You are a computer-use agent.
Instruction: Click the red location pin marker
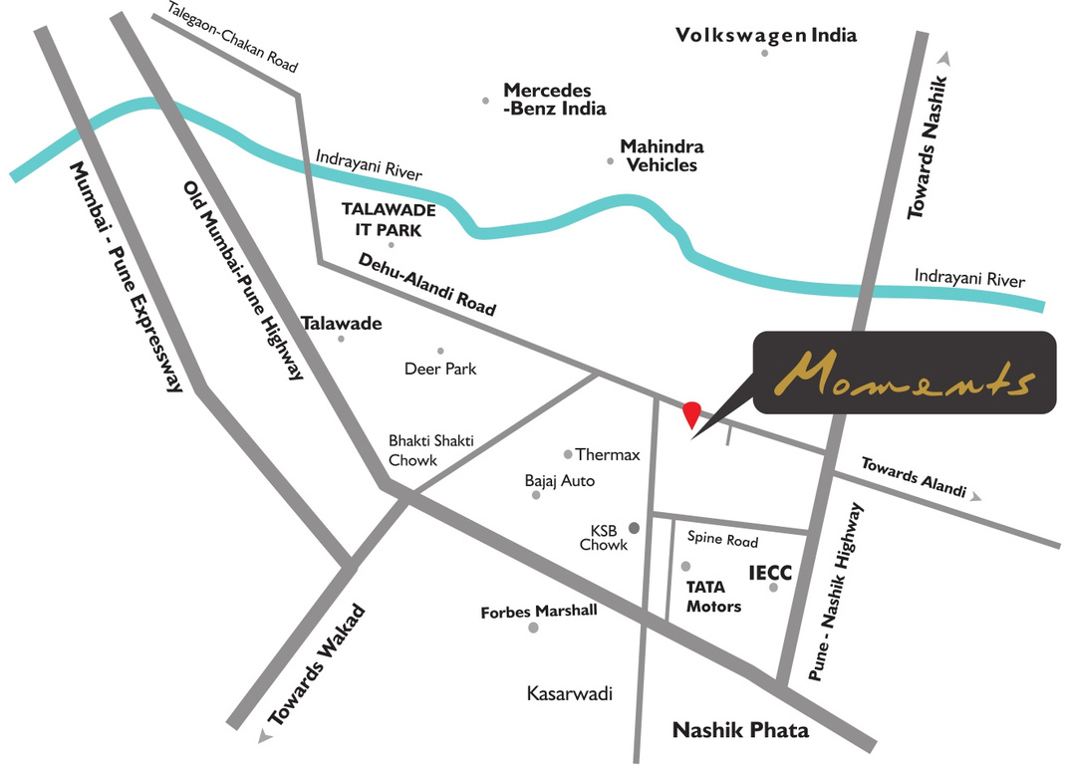(x=691, y=412)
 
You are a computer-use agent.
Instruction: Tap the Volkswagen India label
(x=766, y=35)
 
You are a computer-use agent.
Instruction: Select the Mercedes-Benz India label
(x=554, y=99)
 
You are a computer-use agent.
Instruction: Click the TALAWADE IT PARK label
(x=383, y=219)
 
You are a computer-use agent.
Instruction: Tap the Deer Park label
(x=440, y=369)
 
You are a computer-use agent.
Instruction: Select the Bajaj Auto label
(x=560, y=481)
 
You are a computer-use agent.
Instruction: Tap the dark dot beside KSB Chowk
(x=632, y=527)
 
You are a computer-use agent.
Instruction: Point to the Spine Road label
(x=723, y=541)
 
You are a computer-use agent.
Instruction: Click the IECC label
(x=770, y=573)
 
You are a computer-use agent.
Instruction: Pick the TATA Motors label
(x=713, y=596)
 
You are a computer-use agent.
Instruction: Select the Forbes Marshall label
(x=539, y=611)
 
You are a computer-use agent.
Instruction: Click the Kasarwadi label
(x=569, y=694)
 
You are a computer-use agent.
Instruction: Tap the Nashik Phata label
(x=740, y=730)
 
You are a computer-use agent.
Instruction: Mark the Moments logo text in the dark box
(x=904, y=373)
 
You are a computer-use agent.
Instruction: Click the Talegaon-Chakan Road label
(x=233, y=37)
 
